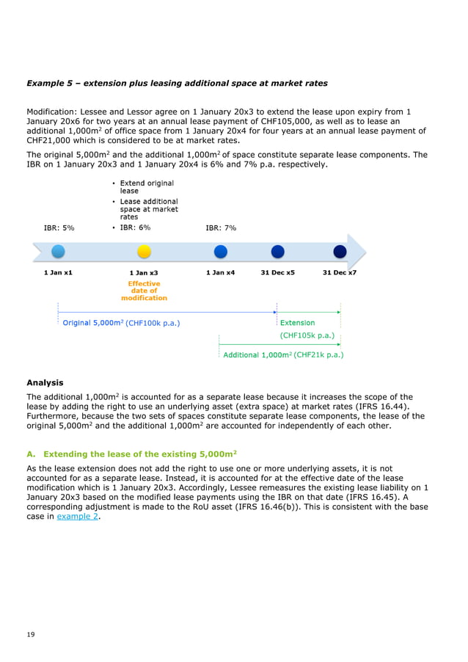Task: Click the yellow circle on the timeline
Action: (144, 252)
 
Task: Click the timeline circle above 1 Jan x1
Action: (58, 252)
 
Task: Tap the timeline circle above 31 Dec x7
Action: (340, 252)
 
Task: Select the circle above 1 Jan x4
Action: (220, 252)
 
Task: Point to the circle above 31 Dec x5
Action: (277, 252)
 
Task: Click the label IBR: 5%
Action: (59, 228)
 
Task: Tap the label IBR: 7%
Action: (220, 228)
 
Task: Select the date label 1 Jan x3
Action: (144, 273)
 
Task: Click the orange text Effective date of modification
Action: (144, 291)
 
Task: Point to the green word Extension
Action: (297, 322)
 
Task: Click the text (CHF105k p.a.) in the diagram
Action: (307, 335)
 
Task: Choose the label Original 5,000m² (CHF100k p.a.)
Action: (122, 322)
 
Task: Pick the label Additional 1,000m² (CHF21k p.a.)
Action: (283, 354)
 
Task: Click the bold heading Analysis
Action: (45, 382)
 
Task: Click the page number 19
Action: (30, 633)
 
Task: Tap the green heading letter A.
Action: (30, 454)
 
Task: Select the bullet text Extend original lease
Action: (147, 186)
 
